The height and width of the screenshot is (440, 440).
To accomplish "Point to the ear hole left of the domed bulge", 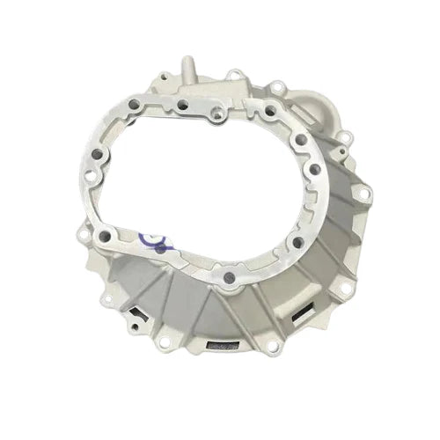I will point(275,89).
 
